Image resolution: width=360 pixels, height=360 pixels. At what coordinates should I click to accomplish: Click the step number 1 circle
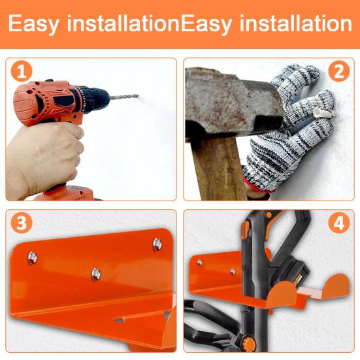tap(22, 71)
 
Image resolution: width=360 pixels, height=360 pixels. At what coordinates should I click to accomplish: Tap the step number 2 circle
tap(339, 71)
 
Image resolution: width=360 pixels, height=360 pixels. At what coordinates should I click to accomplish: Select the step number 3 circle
tap(22, 223)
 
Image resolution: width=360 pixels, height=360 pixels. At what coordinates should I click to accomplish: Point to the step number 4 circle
tap(339, 223)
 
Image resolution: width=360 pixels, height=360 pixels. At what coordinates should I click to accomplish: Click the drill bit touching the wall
tap(124, 97)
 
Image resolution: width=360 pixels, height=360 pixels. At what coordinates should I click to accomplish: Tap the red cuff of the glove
tap(258, 185)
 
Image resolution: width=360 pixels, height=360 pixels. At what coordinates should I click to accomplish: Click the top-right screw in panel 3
tap(157, 244)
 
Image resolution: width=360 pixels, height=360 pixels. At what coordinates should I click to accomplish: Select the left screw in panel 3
tap(33, 257)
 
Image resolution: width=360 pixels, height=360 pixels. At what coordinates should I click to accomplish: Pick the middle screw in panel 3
tap(96, 274)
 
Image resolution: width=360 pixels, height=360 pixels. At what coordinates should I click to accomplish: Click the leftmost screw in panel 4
tap(200, 262)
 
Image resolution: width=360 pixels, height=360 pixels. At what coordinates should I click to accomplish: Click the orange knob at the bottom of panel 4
tap(250, 344)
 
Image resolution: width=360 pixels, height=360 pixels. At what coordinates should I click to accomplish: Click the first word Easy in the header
tap(34, 24)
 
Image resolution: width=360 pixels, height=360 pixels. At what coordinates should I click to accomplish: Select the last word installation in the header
tap(296, 23)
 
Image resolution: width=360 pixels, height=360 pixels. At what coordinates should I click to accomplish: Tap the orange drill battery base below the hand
tap(67, 193)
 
